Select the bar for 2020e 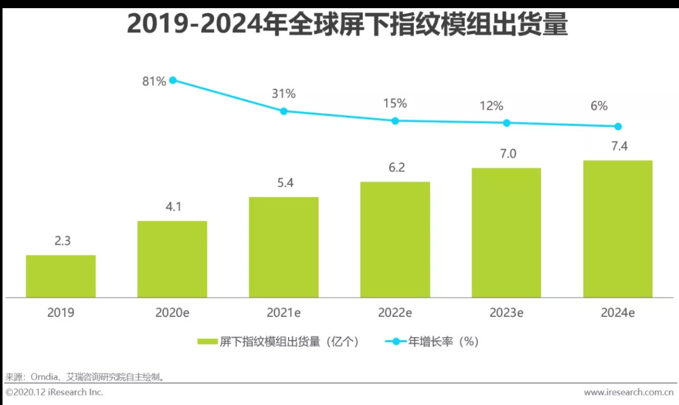point(172,258)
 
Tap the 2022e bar point(395,239)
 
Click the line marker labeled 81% point(172,80)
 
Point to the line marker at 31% point(284,111)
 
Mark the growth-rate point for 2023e point(507,123)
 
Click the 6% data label point(617,106)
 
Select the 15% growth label point(395,103)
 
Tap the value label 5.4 point(283,183)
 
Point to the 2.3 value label point(60,241)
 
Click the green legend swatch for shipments point(207,341)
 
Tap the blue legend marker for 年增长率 point(396,341)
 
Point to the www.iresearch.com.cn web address point(628,392)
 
